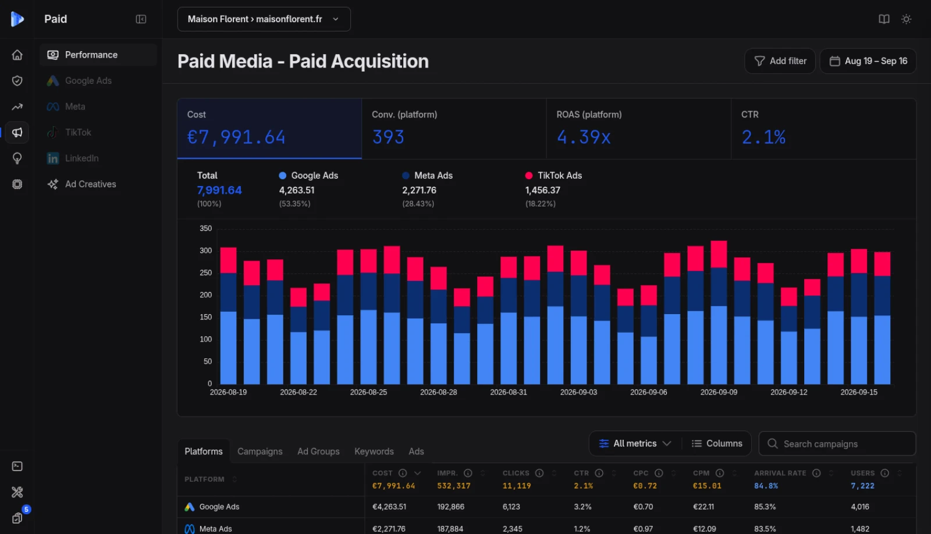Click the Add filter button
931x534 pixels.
[x=780, y=61]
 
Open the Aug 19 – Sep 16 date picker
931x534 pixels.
[x=868, y=61]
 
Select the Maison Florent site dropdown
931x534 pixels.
[x=264, y=19]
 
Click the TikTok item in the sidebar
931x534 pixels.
[x=78, y=132]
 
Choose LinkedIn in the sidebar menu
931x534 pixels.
[x=82, y=158]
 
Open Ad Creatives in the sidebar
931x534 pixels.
[x=90, y=184]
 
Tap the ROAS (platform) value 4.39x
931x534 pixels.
[x=584, y=137]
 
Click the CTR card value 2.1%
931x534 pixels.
[x=763, y=137]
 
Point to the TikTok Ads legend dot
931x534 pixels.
[x=529, y=175]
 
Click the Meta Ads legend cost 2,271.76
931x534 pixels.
[x=419, y=190]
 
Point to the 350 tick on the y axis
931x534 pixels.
[x=206, y=229]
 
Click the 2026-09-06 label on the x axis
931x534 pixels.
[x=648, y=392]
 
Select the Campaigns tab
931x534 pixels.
[x=260, y=451]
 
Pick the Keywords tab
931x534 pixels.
[x=374, y=451]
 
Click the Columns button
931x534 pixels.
[x=717, y=444]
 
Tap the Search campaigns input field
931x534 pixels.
[x=837, y=444]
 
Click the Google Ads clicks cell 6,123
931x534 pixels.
[x=511, y=507]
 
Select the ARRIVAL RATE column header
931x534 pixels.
[x=780, y=474]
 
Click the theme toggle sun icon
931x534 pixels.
[x=907, y=19]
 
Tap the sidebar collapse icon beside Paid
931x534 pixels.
[x=141, y=19]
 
